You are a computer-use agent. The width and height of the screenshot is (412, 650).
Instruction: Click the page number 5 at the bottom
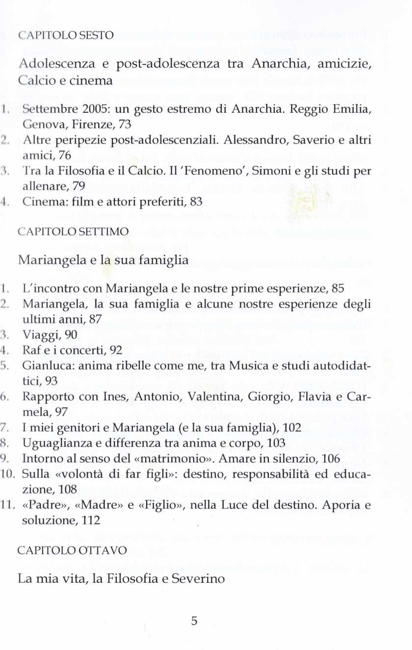194,621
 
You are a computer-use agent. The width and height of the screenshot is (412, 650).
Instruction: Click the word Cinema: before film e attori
41,202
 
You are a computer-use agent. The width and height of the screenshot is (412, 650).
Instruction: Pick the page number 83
196,202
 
